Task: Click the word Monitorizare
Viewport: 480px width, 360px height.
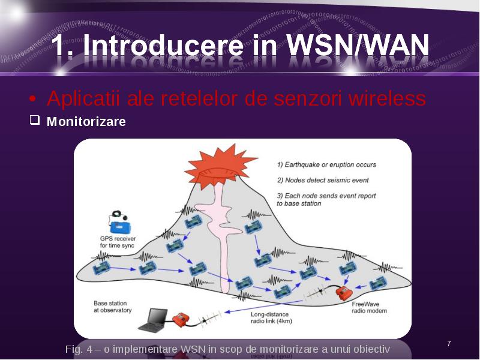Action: (x=86, y=122)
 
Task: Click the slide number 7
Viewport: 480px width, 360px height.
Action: (x=449, y=344)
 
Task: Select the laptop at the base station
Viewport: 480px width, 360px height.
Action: (x=153, y=320)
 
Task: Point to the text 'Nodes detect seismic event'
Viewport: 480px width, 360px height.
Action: (x=323, y=181)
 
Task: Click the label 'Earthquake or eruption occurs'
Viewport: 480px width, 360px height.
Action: (x=326, y=164)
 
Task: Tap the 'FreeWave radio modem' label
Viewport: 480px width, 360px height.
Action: (x=369, y=307)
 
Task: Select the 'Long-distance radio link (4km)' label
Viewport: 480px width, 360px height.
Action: (x=271, y=318)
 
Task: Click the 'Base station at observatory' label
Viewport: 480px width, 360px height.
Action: (x=113, y=307)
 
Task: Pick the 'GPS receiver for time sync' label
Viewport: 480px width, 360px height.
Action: (x=118, y=242)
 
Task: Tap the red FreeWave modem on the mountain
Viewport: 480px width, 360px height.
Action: (x=343, y=293)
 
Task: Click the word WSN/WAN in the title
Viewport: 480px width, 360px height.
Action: (x=357, y=45)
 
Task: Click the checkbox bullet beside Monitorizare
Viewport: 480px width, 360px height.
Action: (x=35, y=120)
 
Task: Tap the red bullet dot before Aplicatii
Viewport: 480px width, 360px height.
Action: (x=32, y=99)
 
